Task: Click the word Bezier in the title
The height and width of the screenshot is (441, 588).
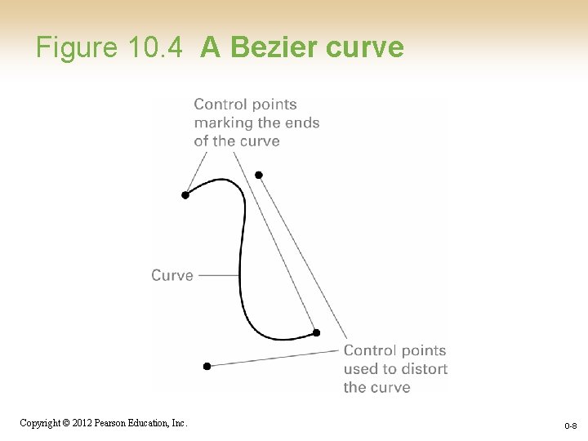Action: point(275,47)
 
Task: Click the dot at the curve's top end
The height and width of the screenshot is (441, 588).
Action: point(185,195)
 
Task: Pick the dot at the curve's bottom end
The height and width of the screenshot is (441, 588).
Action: point(317,332)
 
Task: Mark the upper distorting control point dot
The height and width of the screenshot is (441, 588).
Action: point(259,175)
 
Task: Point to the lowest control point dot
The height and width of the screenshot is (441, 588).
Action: point(207,366)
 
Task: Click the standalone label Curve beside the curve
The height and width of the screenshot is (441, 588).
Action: point(172,275)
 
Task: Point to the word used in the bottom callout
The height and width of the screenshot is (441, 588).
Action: point(360,368)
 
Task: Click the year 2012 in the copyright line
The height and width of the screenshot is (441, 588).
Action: point(80,423)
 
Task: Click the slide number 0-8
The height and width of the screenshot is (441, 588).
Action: point(570,426)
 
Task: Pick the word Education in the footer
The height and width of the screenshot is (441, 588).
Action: point(149,423)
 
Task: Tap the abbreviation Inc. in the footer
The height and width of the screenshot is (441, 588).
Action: point(179,423)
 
